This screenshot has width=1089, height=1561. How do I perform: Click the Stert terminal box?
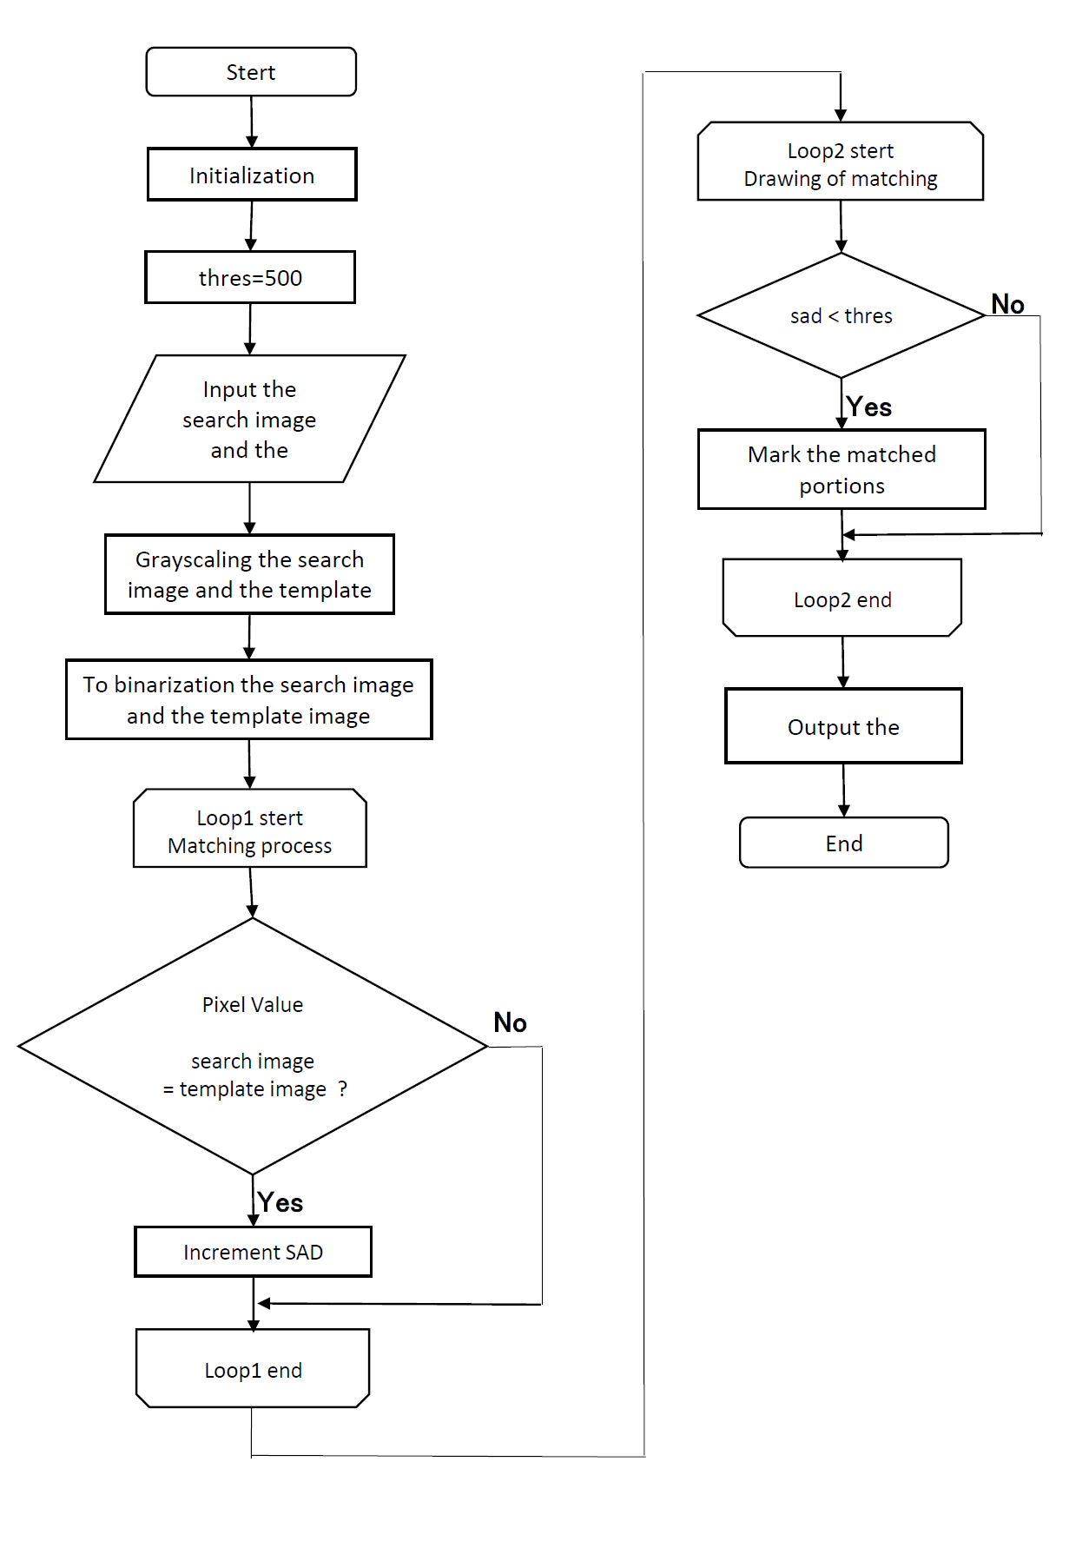(x=251, y=72)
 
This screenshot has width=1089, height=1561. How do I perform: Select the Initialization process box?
(x=252, y=175)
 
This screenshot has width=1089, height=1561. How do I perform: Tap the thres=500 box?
(x=250, y=278)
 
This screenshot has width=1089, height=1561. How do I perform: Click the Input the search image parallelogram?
(x=250, y=419)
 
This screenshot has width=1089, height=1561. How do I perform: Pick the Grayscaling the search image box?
(x=249, y=574)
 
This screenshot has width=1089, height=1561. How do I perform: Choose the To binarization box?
(x=249, y=699)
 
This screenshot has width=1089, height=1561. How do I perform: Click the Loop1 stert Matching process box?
(x=250, y=828)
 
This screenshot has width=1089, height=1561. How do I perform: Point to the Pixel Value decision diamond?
(x=253, y=1046)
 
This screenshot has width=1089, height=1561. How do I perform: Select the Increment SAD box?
(x=254, y=1252)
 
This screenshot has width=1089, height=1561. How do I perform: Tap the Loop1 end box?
(x=253, y=1368)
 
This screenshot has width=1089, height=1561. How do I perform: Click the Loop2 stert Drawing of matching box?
(x=841, y=162)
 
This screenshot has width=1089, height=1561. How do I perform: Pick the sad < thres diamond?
(x=841, y=315)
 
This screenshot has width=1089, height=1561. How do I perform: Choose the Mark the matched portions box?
(x=841, y=469)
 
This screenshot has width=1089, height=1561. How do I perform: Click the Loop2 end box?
(x=842, y=598)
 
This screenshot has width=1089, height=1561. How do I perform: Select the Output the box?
(x=843, y=726)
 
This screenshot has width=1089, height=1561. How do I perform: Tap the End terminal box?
(x=844, y=843)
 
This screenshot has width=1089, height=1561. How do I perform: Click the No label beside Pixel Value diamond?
(x=511, y=1022)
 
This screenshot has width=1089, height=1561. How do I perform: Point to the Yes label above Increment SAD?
(x=280, y=1202)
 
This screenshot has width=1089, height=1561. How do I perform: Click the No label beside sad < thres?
(x=1008, y=304)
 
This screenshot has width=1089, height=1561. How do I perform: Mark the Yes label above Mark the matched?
(x=869, y=407)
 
